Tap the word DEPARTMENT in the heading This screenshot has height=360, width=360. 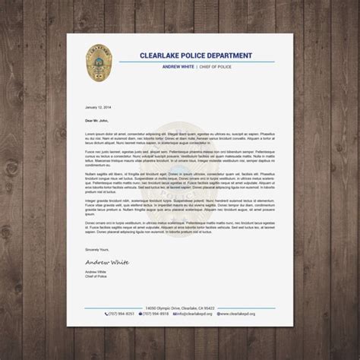click(x=242, y=54)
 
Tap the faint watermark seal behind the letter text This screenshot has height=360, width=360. click(x=180, y=182)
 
